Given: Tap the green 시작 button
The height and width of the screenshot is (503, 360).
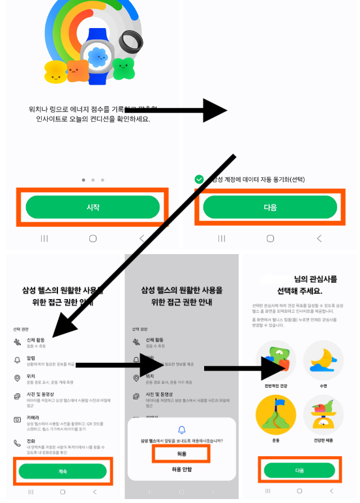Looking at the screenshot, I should [x=93, y=207].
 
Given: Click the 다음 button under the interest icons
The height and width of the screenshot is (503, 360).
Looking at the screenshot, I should [x=299, y=470].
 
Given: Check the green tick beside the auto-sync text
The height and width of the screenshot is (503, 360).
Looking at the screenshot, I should [x=199, y=179].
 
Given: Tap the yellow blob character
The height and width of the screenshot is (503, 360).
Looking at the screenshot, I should [x=55, y=72].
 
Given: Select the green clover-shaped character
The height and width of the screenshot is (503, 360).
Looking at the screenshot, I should [x=123, y=67].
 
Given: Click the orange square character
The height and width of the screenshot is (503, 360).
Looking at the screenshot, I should [x=77, y=70].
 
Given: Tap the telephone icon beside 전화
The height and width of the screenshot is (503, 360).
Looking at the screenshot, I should [x=17, y=443].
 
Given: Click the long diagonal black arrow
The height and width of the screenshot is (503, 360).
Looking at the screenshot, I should [x=143, y=241].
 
